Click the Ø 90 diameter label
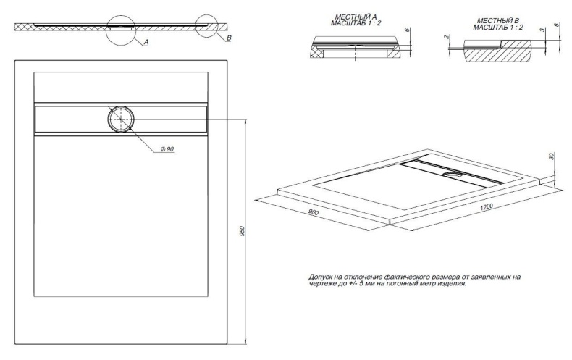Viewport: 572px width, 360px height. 167,149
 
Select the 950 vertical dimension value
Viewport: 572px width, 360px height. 241,231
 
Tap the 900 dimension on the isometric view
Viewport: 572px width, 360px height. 314,212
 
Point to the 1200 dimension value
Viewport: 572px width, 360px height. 487,207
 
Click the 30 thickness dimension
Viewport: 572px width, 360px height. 551,156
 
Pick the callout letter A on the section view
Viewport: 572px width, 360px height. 146,43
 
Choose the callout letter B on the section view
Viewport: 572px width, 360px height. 229,38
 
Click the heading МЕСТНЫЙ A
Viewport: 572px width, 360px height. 356,17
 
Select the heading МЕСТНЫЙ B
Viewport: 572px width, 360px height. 498,21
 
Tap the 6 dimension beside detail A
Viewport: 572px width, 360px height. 408,30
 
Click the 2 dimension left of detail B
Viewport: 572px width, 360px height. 446,37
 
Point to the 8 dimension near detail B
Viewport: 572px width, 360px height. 555,25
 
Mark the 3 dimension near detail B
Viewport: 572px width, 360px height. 542,30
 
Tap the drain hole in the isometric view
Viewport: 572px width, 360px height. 453,175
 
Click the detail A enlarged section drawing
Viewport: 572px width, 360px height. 355,48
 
